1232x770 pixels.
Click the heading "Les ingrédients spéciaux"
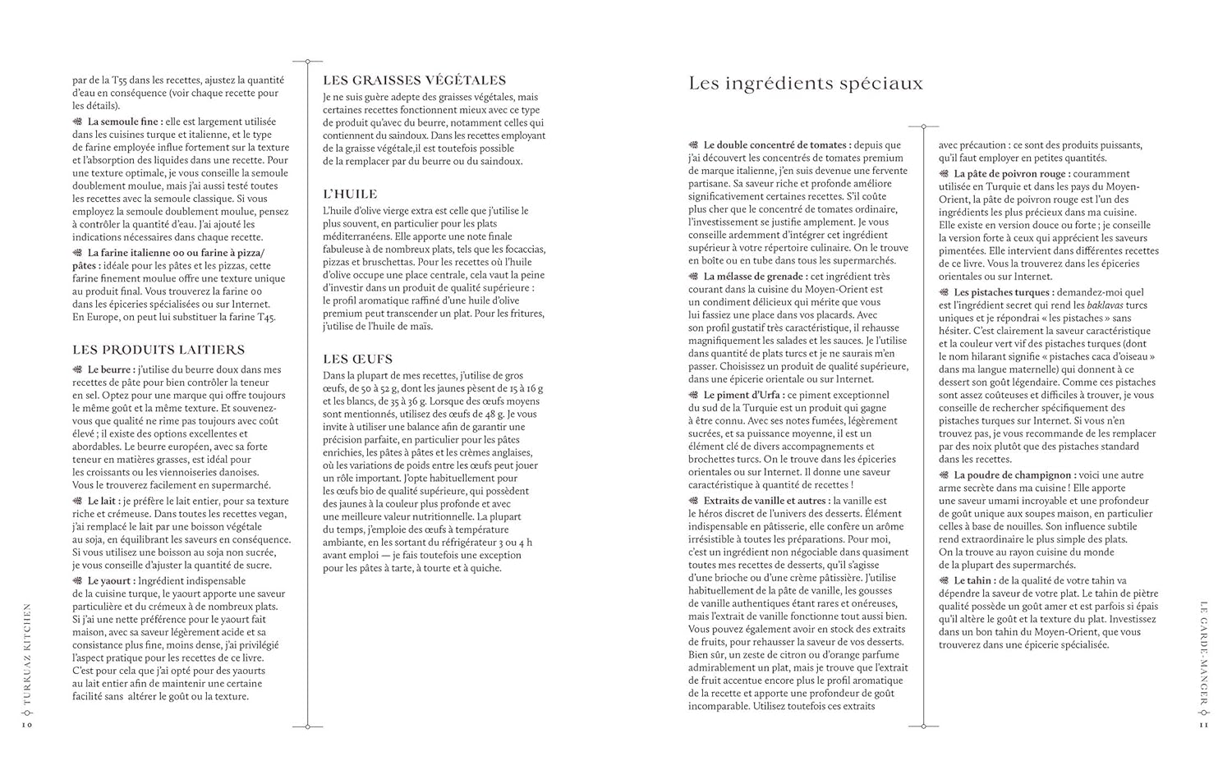coord(805,84)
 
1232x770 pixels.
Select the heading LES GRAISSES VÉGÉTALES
coord(414,80)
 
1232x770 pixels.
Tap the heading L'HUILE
coord(350,195)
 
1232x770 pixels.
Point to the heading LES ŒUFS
coord(357,359)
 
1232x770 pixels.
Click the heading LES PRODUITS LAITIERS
coord(159,350)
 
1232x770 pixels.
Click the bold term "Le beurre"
coord(111,369)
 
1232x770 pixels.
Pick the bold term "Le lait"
coord(103,502)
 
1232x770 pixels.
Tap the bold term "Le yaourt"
coord(111,580)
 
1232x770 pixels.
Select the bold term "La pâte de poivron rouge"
coord(1011,174)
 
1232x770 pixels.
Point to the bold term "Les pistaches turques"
coord(1003,292)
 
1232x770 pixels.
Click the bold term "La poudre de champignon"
coord(1013,475)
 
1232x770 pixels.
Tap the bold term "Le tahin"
coord(972,580)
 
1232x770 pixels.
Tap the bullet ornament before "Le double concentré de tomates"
coord(694,145)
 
